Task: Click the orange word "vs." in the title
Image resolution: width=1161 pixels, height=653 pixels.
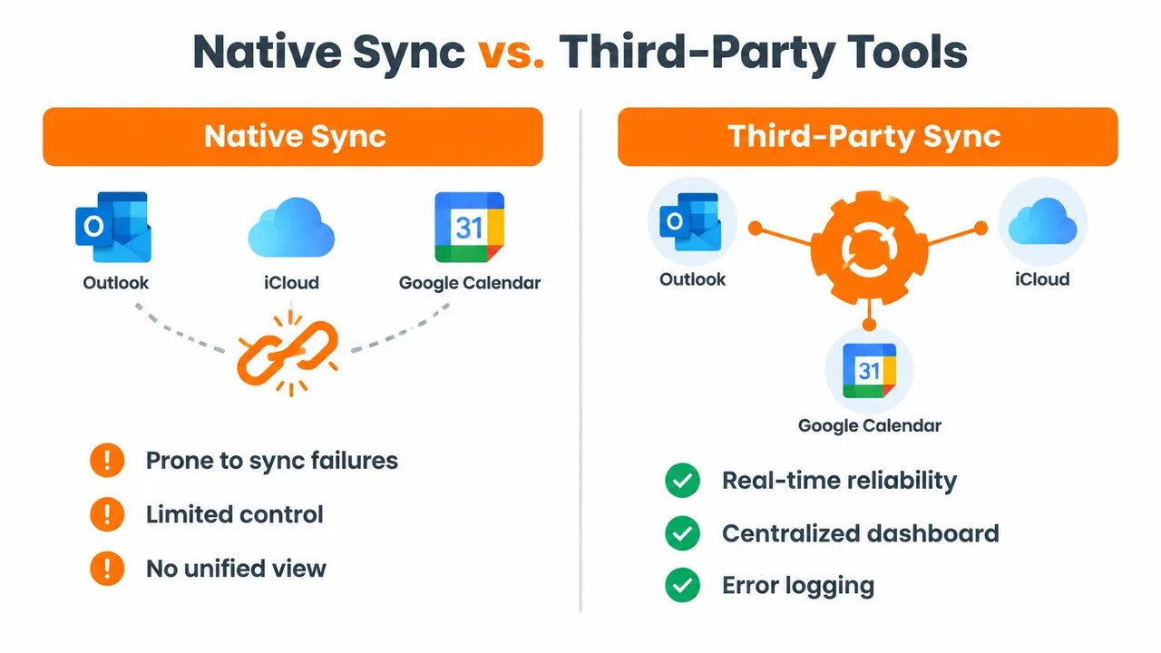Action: (511, 53)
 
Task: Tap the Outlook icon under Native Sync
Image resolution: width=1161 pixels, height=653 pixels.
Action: (113, 227)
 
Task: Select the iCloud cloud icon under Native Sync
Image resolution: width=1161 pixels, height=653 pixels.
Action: (291, 227)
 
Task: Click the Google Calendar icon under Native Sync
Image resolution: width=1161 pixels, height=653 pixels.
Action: (470, 227)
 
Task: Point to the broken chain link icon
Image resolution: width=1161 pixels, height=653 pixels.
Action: (288, 354)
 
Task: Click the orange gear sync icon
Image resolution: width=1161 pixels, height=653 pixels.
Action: (869, 249)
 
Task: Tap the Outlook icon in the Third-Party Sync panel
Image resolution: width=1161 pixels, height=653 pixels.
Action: (690, 222)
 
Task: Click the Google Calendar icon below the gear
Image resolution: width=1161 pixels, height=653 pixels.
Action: (869, 371)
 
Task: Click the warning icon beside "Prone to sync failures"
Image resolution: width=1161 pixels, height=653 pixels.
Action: (107, 460)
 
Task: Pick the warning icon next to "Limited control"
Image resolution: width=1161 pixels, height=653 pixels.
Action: (107, 514)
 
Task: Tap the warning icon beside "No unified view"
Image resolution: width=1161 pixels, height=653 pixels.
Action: (107, 569)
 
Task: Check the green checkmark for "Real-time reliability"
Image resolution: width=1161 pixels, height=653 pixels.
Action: (682, 481)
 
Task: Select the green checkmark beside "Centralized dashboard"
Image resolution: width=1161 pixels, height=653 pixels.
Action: (682, 533)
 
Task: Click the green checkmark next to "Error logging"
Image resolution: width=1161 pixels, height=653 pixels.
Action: (682, 586)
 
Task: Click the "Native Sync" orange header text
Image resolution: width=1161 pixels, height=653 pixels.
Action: (295, 137)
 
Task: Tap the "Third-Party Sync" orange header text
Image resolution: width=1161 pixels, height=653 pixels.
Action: (864, 136)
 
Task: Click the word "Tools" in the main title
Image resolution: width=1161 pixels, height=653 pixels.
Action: (908, 52)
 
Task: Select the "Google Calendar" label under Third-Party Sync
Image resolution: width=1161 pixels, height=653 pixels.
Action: (869, 426)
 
